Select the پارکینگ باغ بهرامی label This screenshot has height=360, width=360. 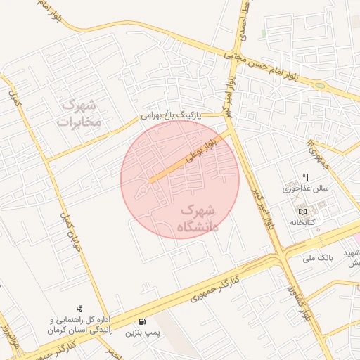pos(171,112)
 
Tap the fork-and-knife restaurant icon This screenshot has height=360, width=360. pos(305,177)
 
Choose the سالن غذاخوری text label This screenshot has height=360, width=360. pos(301,188)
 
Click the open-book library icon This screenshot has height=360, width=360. pos(303,211)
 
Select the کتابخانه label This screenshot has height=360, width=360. pos(304,222)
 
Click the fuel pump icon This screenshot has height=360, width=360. pos(143,320)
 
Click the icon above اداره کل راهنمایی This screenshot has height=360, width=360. pos(79,307)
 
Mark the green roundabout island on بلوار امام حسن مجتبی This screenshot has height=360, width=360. pos(320,86)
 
